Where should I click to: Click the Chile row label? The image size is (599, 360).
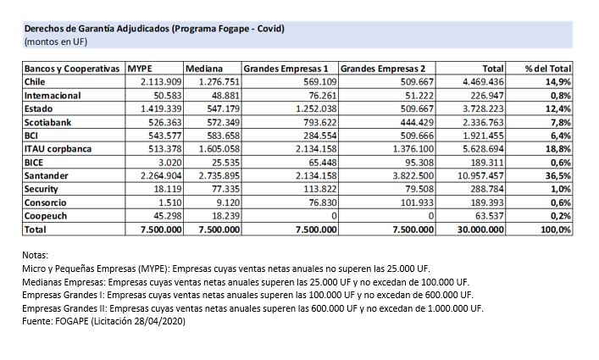click(36, 82)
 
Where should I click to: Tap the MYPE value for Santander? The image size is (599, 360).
click(155, 176)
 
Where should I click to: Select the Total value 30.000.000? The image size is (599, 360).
click(479, 230)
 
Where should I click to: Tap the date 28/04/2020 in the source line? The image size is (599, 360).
click(159, 321)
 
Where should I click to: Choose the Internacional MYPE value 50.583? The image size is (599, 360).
click(162, 96)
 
